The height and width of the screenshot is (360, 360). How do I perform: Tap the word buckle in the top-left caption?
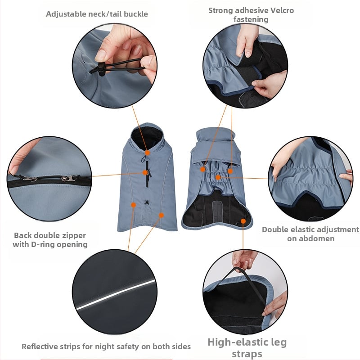click(136, 14)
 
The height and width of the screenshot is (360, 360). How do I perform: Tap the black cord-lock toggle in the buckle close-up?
click(101, 68)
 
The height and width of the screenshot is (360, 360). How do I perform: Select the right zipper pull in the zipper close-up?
click(69, 178)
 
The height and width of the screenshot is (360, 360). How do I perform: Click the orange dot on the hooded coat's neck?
click(148, 153)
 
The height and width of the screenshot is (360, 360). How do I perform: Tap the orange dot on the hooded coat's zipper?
click(145, 172)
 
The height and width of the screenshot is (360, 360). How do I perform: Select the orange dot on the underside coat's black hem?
click(243, 221)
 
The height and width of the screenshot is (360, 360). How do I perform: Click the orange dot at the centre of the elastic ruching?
click(218, 177)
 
